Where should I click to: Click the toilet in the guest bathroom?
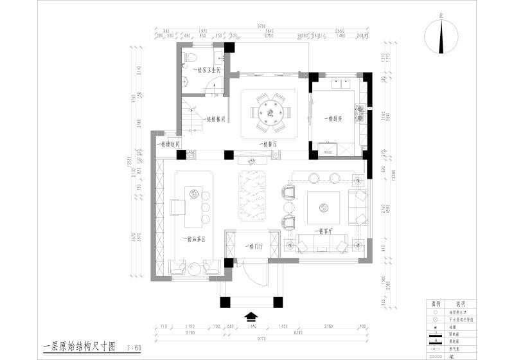click(x=190, y=59)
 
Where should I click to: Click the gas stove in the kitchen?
click(x=360, y=114)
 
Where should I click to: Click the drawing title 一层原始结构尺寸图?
click(x=78, y=348)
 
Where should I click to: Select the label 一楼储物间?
click(x=168, y=145)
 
